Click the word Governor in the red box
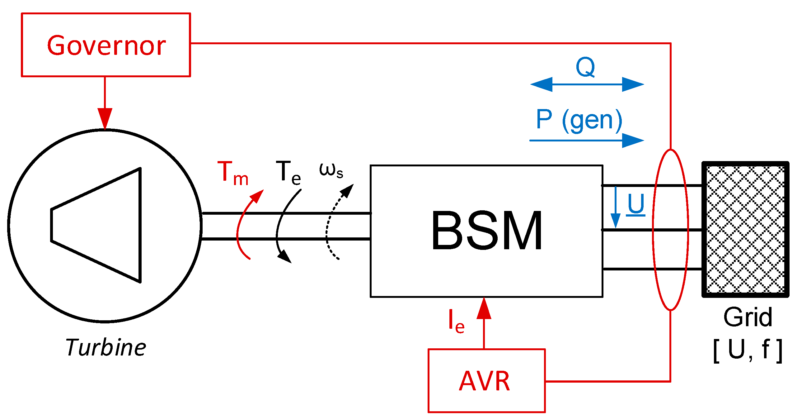[106, 46]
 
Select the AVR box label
[485, 381]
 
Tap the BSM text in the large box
[487, 231]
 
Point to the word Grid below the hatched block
[748, 317]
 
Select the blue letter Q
[585, 67]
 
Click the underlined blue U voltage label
[636, 204]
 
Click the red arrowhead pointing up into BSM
[484, 309]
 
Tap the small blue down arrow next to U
[615, 207]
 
